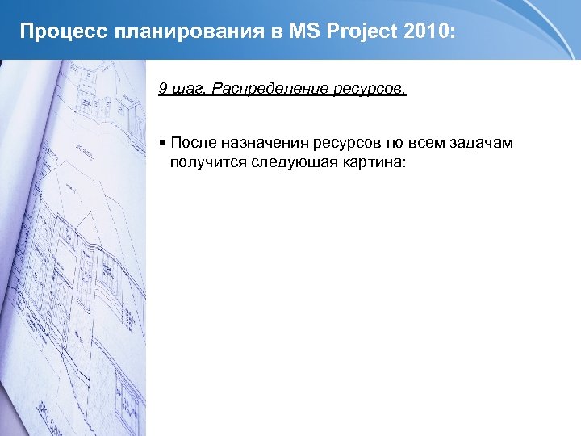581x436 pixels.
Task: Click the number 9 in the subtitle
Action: tap(163, 88)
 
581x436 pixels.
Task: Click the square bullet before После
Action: tap(162, 143)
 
